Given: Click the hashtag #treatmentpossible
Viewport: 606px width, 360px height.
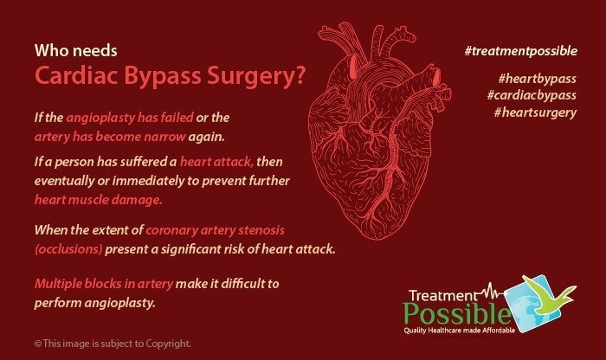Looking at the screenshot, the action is pyautogui.click(x=521, y=51).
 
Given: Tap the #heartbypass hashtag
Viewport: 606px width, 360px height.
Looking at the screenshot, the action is pyautogui.click(x=538, y=79).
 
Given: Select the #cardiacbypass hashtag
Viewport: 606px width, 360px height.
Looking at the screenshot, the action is pyautogui.click(x=532, y=95).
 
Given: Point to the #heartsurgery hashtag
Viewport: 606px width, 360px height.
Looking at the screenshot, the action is pyautogui.click(x=535, y=112).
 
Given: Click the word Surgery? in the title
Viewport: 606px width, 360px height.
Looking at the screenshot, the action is pyautogui.click(x=256, y=76).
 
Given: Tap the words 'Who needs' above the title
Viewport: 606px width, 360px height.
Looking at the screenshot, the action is pyautogui.click(x=76, y=50).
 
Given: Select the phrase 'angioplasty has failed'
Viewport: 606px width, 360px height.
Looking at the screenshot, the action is pyautogui.click(x=130, y=118).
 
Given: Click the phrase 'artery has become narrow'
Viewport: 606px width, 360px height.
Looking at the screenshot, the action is pyautogui.click(x=110, y=137).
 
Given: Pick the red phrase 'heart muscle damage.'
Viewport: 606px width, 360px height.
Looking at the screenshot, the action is pyautogui.click(x=98, y=200).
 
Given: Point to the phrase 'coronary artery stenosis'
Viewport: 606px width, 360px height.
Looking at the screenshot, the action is pyautogui.click(x=216, y=230).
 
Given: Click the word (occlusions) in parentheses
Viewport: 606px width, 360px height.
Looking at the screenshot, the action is pyautogui.click(x=68, y=249).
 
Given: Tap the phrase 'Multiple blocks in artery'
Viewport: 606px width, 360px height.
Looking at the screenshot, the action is pyautogui.click(x=104, y=284).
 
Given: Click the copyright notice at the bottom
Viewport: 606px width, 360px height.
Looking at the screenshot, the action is pyautogui.click(x=113, y=344).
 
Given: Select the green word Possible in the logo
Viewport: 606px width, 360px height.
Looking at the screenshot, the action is pyautogui.click(x=457, y=314).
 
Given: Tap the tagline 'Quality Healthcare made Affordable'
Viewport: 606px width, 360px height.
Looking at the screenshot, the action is pyautogui.click(x=460, y=331).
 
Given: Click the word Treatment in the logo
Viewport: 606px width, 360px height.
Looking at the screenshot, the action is pyautogui.click(x=443, y=296).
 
